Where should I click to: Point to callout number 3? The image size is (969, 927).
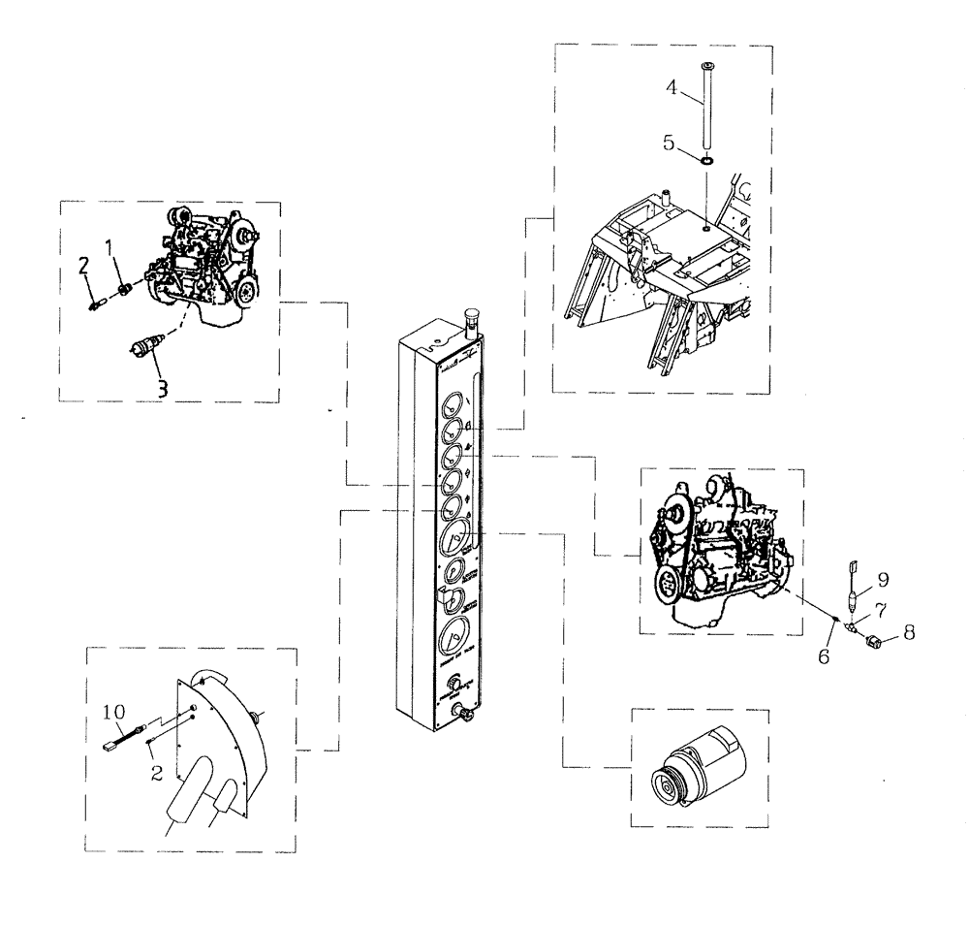(163, 389)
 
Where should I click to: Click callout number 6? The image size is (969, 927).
(824, 656)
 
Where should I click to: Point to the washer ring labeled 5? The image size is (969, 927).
(707, 159)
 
